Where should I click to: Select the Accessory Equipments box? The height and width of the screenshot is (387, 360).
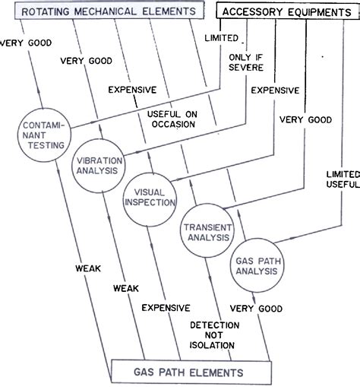[x=284, y=11]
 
